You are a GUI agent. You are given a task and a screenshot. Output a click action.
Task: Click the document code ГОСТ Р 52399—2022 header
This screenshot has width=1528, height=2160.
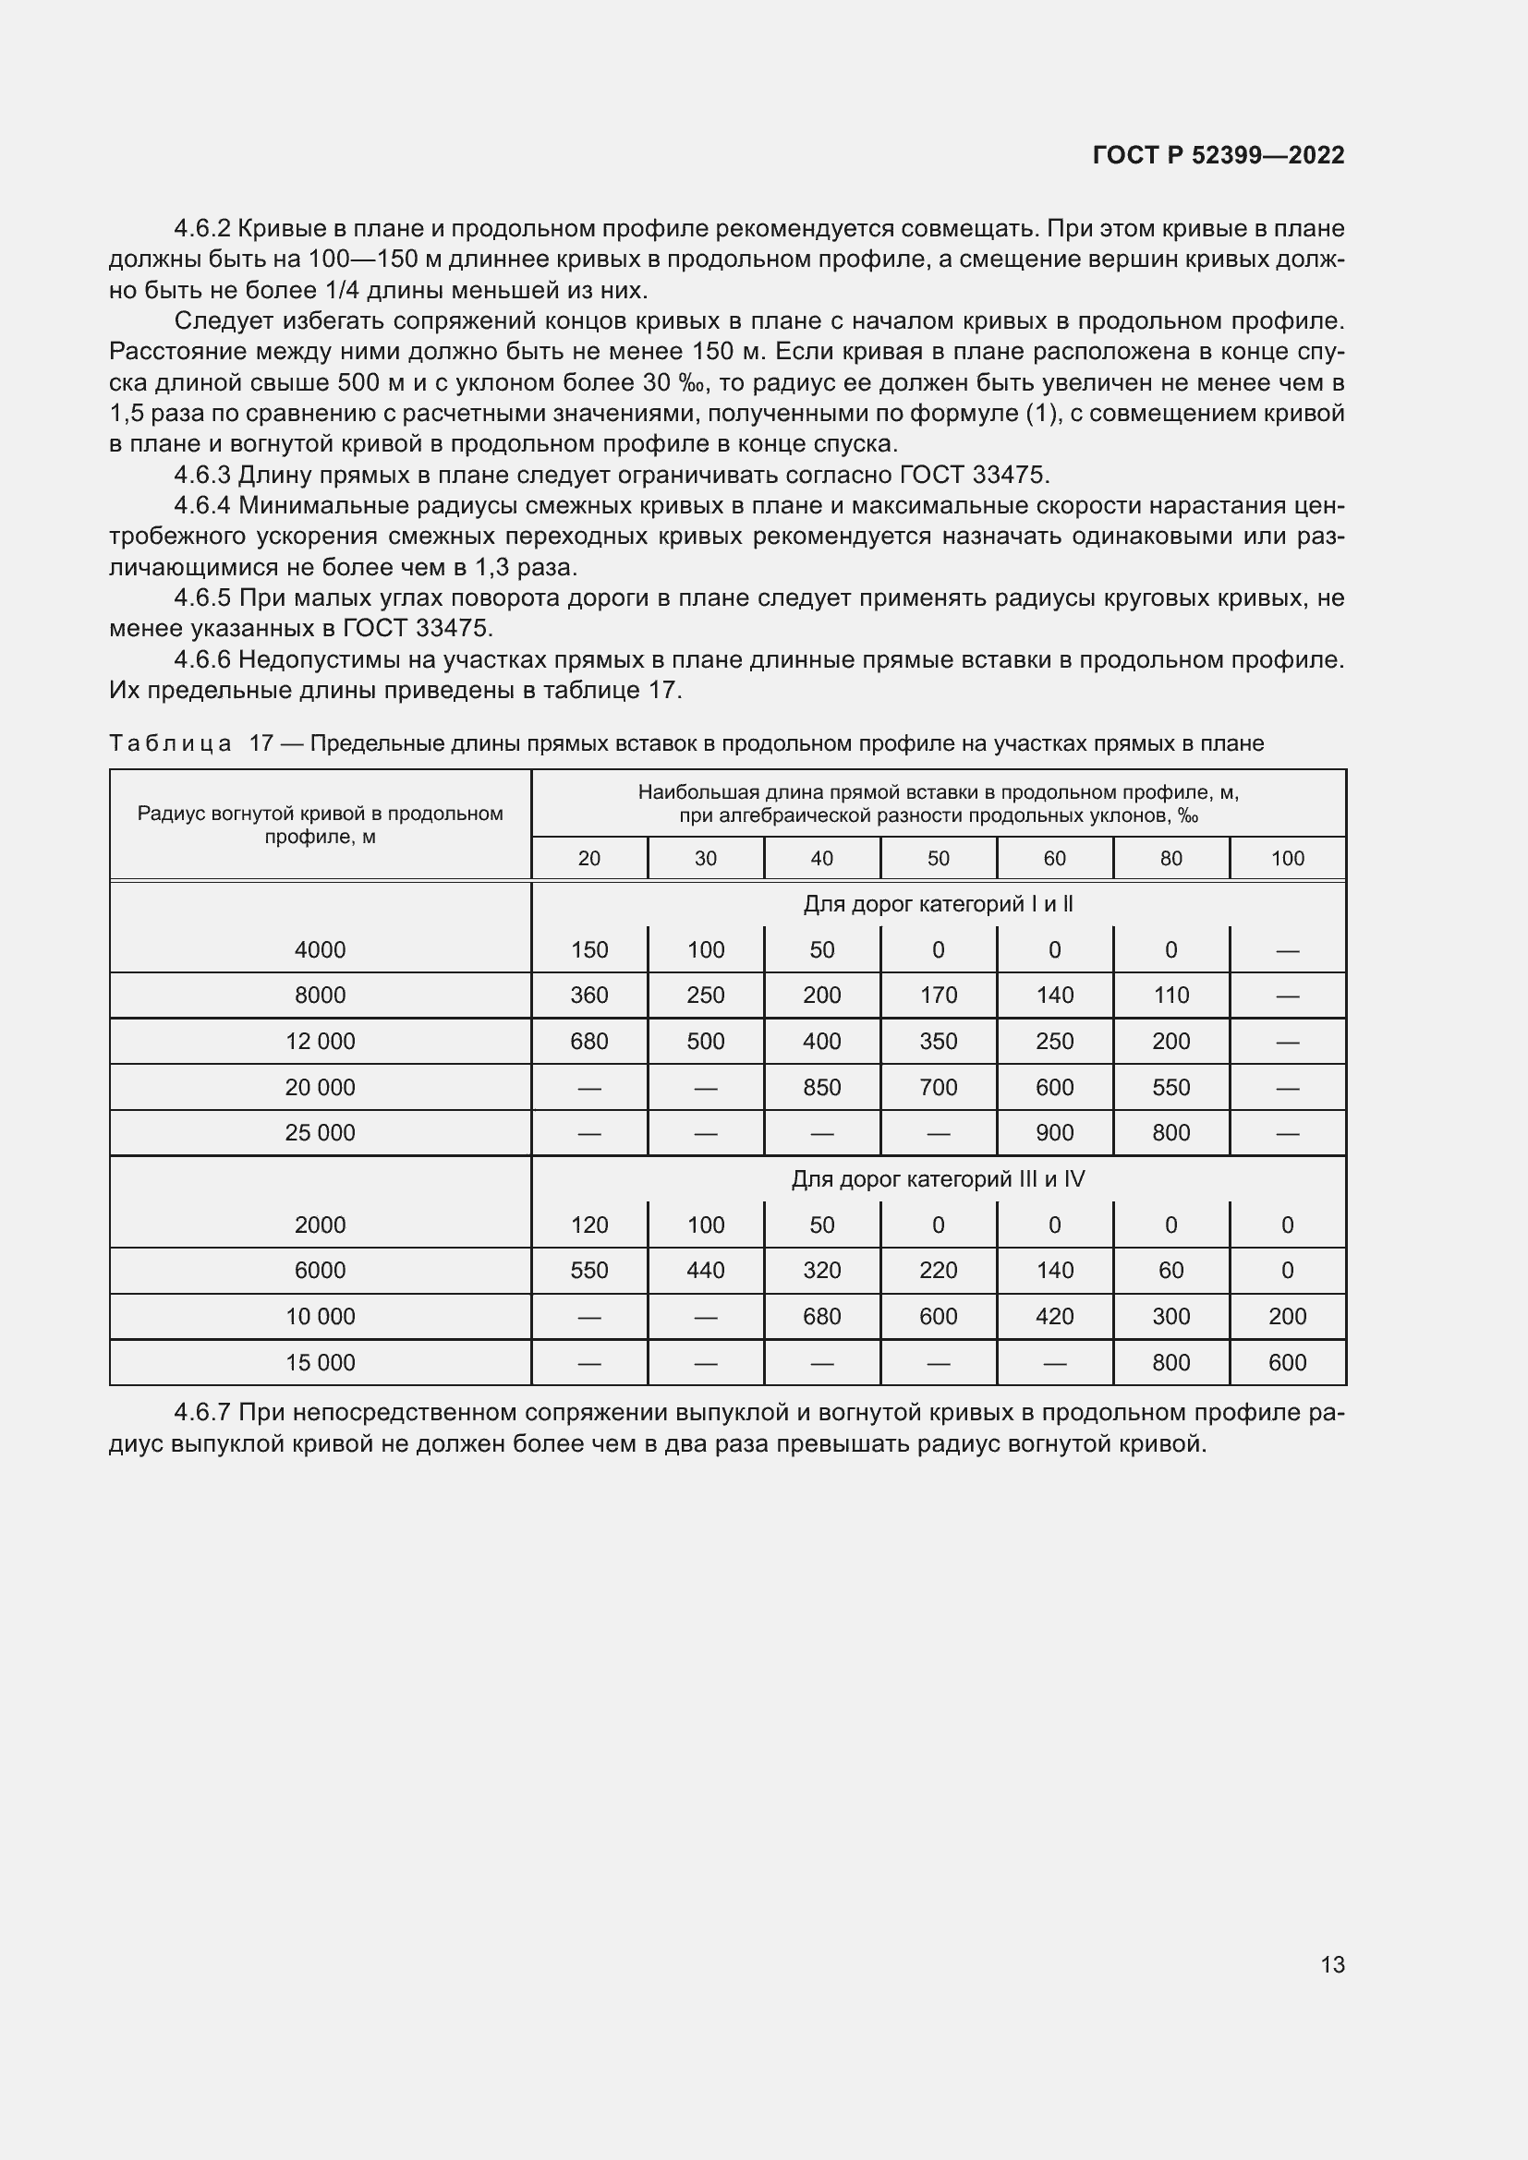tap(1219, 155)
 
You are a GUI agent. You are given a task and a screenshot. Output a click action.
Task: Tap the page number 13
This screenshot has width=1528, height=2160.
tap(1332, 1964)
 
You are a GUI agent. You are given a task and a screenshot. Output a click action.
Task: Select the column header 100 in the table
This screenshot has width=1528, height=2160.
tap(1287, 858)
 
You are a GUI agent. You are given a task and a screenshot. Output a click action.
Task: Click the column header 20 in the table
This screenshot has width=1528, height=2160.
tap(589, 858)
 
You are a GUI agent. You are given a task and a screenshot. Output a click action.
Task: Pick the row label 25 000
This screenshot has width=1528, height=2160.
tap(320, 1133)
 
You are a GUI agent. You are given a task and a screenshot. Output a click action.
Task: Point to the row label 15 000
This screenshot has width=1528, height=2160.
tap(320, 1362)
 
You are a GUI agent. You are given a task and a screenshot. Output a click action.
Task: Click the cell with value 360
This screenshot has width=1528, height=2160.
tap(589, 996)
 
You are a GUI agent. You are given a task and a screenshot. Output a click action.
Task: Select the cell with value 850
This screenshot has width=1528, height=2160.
tap(821, 1088)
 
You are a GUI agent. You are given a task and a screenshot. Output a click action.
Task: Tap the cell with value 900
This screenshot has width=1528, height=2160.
tap(1054, 1133)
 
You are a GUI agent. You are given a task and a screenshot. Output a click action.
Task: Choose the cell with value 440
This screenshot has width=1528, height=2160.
tap(706, 1270)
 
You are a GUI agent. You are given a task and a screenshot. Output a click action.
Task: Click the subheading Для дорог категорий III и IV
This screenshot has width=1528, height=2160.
tap(938, 1178)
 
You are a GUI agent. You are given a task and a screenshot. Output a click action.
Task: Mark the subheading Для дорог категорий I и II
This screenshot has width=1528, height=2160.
tap(938, 904)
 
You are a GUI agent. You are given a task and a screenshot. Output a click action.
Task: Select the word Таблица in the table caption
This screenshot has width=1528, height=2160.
tap(170, 743)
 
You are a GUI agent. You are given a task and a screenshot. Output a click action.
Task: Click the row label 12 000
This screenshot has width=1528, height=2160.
tap(320, 1042)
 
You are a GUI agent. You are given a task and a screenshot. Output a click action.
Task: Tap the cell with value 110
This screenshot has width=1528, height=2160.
tap(1170, 996)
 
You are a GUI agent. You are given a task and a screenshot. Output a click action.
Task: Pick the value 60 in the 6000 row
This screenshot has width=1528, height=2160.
tap(1170, 1270)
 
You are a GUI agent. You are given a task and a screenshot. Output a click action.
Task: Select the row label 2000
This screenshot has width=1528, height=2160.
tap(320, 1225)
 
